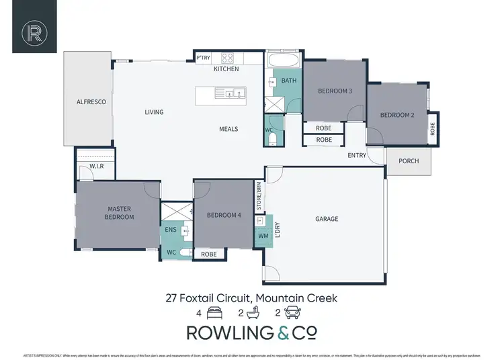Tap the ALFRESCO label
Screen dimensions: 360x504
(x=87, y=101)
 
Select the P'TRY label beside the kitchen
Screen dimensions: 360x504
(x=204, y=58)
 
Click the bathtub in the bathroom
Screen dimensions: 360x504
(x=282, y=62)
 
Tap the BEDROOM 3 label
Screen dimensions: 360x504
(x=335, y=91)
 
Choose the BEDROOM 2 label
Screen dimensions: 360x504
(x=397, y=115)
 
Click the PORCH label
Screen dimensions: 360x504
(x=409, y=161)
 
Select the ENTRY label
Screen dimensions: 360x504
(x=357, y=156)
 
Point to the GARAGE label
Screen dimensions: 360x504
(x=327, y=219)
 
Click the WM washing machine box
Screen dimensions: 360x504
(x=263, y=236)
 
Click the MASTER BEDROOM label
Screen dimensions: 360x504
(x=119, y=213)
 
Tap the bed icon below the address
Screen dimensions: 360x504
(x=215, y=313)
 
